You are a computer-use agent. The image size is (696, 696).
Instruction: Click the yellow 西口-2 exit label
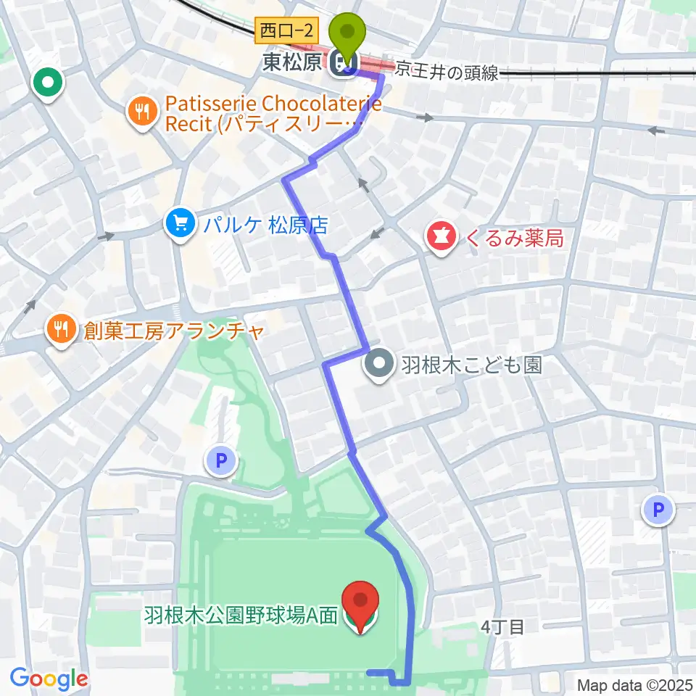[288, 31]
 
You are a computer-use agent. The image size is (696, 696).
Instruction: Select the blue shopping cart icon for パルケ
[178, 223]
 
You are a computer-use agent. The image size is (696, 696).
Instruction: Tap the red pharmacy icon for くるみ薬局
[440, 236]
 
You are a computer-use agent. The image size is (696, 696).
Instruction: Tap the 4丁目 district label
[501, 627]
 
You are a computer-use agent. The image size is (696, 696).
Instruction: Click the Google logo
[49, 679]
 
